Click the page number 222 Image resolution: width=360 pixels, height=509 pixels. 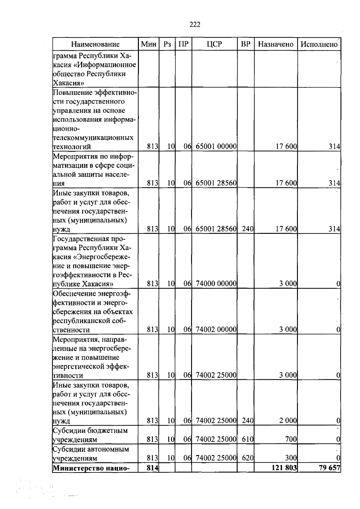(195, 25)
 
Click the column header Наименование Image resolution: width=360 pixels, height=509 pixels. (95, 44)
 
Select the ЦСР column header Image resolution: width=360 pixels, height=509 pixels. (214, 44)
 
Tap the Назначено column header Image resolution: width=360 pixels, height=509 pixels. (276, 44)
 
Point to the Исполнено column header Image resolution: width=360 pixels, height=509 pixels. (319, 44)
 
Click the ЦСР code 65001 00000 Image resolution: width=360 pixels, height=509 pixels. (216, 147)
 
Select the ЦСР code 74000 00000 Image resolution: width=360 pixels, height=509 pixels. (216, 284)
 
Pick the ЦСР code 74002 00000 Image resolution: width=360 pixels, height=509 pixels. (216, 330)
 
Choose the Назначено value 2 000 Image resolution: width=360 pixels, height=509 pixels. (288, 421)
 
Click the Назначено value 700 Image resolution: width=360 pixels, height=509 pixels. (291, 439)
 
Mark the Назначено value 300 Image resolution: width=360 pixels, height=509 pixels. (291, 458)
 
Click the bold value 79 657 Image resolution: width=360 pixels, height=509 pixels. (329, 468)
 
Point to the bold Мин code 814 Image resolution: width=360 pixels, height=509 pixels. (152, 468)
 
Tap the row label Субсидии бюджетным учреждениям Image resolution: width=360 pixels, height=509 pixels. (90, 435)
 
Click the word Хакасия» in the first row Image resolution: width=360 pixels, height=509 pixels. (68, 83)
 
